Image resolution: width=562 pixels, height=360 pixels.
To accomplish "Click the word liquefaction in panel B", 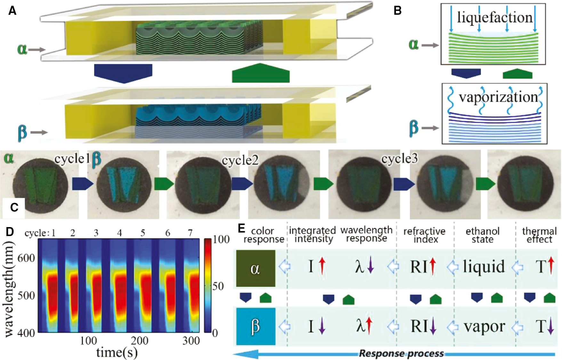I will point(494,18).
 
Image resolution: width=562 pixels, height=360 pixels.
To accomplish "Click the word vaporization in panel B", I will point(498,97).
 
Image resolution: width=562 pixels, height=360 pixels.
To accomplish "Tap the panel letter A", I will point(12,11).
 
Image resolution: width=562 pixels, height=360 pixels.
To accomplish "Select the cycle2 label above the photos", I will point(240,160).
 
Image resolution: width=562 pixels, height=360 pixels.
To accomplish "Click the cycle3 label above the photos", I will point(399,159).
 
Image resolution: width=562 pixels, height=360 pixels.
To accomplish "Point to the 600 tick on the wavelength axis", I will point(26,258).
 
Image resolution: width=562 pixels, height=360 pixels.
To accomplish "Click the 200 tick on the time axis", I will point(140,340).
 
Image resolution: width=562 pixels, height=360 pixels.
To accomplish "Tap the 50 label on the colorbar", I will point(218,286).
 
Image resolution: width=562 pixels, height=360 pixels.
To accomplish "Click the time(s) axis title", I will point(117,352).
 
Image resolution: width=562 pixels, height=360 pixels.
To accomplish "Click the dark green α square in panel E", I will point(255,268).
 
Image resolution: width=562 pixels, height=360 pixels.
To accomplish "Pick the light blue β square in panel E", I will point(255,326).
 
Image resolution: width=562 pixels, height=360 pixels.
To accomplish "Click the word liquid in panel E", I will point(484,266).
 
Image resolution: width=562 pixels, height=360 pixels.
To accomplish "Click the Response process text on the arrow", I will point(401,354).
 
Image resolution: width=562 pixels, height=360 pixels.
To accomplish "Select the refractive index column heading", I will point(424,235).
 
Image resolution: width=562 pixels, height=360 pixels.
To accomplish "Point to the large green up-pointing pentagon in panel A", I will point(261,73).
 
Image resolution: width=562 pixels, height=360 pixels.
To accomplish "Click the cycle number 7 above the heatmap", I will point(190,233).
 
